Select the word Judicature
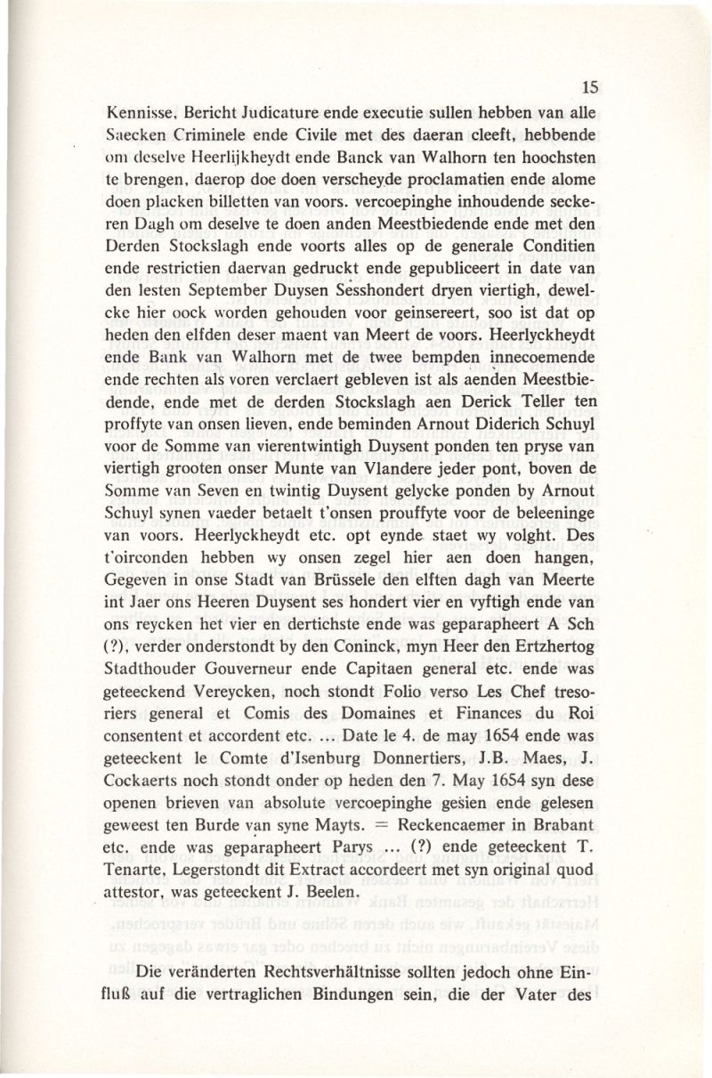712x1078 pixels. point(262,113)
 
